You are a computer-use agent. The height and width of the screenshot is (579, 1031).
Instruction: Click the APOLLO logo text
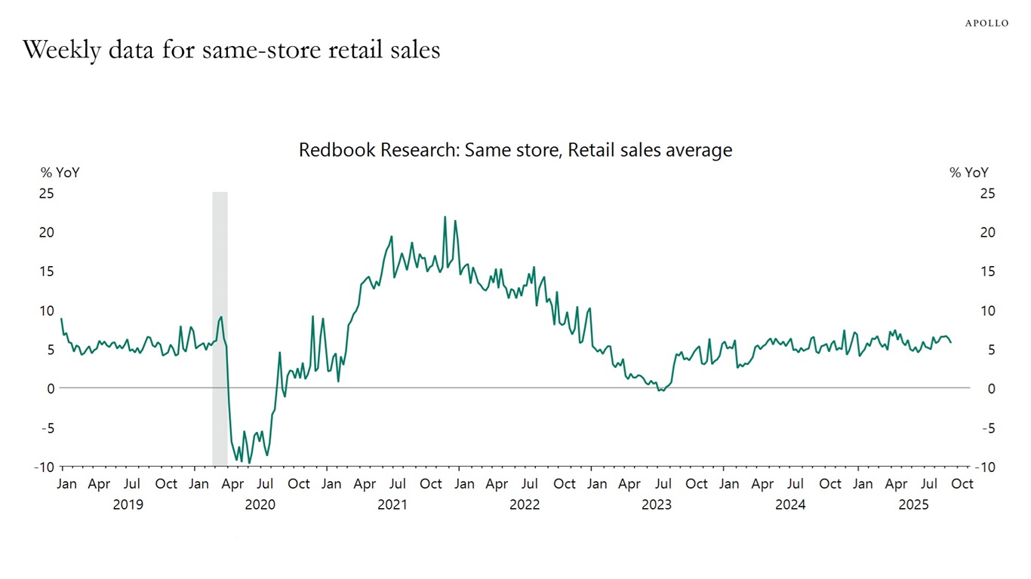[986, 23]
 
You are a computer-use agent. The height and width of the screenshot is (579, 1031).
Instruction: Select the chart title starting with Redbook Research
[515, 150]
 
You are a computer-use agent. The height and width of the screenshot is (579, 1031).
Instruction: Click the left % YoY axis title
[60, 173]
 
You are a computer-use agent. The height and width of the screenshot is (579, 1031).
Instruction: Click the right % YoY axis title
[968, 173]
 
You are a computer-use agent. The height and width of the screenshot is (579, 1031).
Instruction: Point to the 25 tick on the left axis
[46, 194]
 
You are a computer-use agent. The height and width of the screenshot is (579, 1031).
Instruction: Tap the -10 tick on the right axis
[985, 467]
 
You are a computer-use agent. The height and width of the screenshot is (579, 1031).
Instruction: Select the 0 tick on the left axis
[51, 388]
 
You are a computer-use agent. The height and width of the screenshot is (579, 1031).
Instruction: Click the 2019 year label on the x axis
[128, 504]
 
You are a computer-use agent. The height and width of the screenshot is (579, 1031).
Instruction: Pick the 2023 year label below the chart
[657, 504]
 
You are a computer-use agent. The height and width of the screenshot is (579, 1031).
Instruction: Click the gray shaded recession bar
[220, 328]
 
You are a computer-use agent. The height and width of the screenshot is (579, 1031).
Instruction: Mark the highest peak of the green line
[445, 217]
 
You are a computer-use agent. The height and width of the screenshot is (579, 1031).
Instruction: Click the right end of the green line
[951, 342]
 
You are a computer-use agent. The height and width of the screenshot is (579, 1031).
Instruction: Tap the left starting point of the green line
[61, 318]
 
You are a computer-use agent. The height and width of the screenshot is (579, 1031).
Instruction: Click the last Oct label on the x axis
[962, 484]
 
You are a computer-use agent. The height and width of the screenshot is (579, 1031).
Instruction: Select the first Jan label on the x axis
[66, 484]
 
